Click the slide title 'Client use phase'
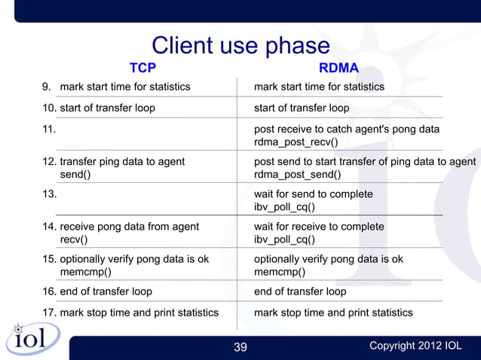[240, 46]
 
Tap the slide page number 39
[240, 346]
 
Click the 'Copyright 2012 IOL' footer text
[415, 346]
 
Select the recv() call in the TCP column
[74, 240]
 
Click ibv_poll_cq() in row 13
[284, 207]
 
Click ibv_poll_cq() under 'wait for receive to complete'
[284, 240]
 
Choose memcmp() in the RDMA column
[280, 273]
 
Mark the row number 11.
[47, 130]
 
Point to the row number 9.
[47, 87]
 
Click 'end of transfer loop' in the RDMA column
[300, 291]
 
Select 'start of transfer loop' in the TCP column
[107, 108]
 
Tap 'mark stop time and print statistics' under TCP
[139, 313]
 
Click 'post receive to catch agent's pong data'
[346, 130]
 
